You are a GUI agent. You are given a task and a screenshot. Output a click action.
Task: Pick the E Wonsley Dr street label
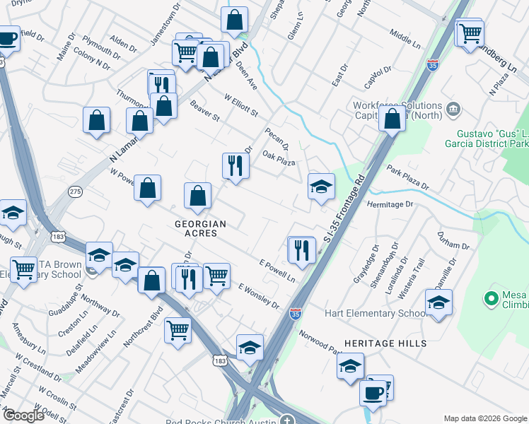pyautogui.click(x=259, y=295)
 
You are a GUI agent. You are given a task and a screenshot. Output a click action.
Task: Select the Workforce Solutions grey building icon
pyautogui.click(x=453, y=110)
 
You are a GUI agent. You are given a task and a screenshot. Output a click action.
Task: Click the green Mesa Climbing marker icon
pyautogui.click(x=489, y=299)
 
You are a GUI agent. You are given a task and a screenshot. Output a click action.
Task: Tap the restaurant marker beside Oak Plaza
pyautogui.click(x=234, y=166)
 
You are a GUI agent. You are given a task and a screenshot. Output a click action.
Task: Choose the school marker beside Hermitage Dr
pyautogui.click(x=320, y=187)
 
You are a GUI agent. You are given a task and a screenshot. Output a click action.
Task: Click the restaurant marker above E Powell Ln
pyautogui.click(x=301, y=249)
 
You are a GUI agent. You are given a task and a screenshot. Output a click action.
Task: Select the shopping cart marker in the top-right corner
pyautogui.click(x=470, y=33)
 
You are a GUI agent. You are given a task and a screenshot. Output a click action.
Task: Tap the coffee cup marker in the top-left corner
pyautogui.click(x=7, y=39)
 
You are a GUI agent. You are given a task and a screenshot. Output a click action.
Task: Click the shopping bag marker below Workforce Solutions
pyautogui.click(x=392, y=119)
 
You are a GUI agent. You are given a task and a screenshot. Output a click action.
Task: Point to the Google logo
pyautogui.click(x=23, y=416)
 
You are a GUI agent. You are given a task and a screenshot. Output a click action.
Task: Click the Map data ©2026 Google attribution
pyautogui.click(x=485, y=418)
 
